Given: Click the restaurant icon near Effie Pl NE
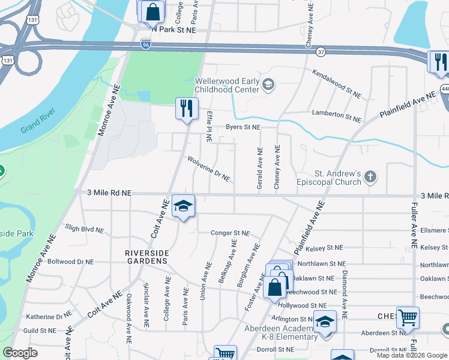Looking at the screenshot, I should tap(187, 109).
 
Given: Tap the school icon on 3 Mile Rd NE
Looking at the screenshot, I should tap(184, 206).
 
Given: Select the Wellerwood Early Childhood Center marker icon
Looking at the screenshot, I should tap(268, 85).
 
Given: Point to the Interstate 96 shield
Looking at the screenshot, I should tap(146, 44).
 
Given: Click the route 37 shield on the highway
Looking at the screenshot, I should tap(321, 52).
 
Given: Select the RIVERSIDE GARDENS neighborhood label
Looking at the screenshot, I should tap(146, 257).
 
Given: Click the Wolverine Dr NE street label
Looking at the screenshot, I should tap(208, 169).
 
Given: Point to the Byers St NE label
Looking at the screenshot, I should tap(243, 127).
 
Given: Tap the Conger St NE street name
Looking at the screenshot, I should tap(229, 233).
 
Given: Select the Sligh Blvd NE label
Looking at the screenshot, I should tap(84, 229).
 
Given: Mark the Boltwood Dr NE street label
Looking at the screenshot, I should tap(71, 262).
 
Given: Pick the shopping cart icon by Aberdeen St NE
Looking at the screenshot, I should tap(408, 317).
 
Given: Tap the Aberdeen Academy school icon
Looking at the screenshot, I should tap(325, 322).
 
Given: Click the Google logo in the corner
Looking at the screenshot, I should tap(20, 353).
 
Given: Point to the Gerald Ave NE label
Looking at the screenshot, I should tap(260, 169).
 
